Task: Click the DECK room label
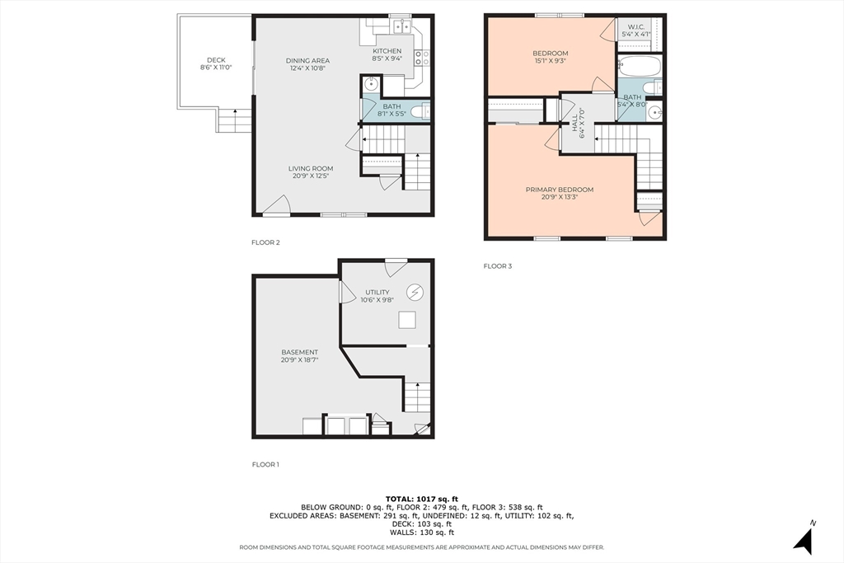click(x=216, y=60)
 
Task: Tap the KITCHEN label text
click(x=387, y=51)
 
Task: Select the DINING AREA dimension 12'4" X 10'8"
click(x=308, y=68)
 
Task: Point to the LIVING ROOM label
click(x=311, y=168)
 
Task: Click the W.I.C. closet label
click(x=635, y=27)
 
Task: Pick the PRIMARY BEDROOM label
click(x=560, y=190)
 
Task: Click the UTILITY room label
click(x=377, y=293)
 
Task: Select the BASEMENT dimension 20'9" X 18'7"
click(x=300, y=360)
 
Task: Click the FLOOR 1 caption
click(x=265, y=465)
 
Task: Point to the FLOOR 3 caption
click(x=497, y=266)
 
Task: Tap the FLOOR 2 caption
click(x=265, y=242)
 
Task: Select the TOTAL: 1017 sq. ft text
click(x=421, y=499)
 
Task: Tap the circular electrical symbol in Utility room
click(x=415, y=293)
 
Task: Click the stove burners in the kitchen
click(x=423, y=58)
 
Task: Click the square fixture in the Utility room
click(x=407, y=320)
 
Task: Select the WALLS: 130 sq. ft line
click(x=421, y=533)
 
